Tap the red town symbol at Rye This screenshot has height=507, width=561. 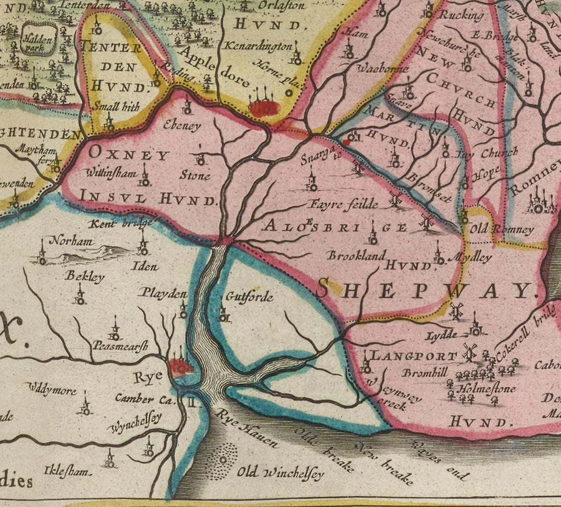coord(180,367)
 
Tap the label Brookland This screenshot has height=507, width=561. coord(357,255)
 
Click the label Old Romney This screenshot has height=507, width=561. coord(510,230)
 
